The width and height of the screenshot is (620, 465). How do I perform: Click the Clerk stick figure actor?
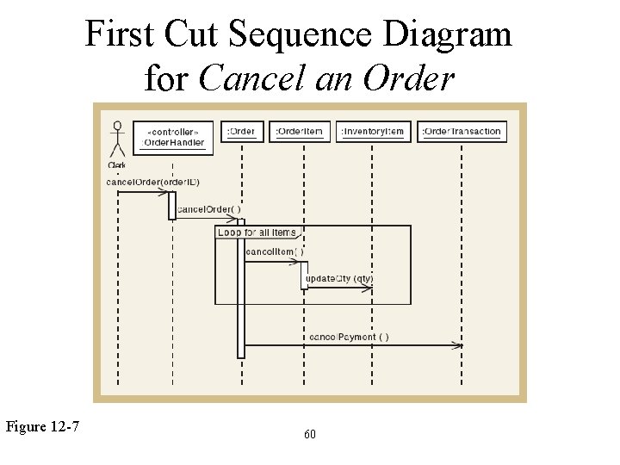click(117, 141)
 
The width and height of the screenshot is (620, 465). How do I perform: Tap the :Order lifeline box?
click(242, 132)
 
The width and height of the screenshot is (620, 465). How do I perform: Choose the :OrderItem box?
click(300, 132)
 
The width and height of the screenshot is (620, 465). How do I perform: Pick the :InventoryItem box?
click(372, 132)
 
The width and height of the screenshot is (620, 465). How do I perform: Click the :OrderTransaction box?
click(462, 132)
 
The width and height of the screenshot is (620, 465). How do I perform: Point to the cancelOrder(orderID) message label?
click(147, 182)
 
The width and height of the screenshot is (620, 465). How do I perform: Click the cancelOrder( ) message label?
click(208, 209)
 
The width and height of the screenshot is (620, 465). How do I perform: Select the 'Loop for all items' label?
click(257, 232)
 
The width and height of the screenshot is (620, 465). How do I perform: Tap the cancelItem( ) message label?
click(274, 252)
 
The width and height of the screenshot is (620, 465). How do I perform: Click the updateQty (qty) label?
click(339, 279)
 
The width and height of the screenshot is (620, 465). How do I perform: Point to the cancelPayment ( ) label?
click(348, 337)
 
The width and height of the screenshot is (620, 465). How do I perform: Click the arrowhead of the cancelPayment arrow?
click(460, 345)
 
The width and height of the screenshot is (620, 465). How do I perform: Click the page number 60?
click(310, 435)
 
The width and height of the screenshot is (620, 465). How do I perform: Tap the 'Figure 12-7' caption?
click(43, 425)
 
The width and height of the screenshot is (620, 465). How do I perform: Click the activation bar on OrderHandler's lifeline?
click(172, 205)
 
